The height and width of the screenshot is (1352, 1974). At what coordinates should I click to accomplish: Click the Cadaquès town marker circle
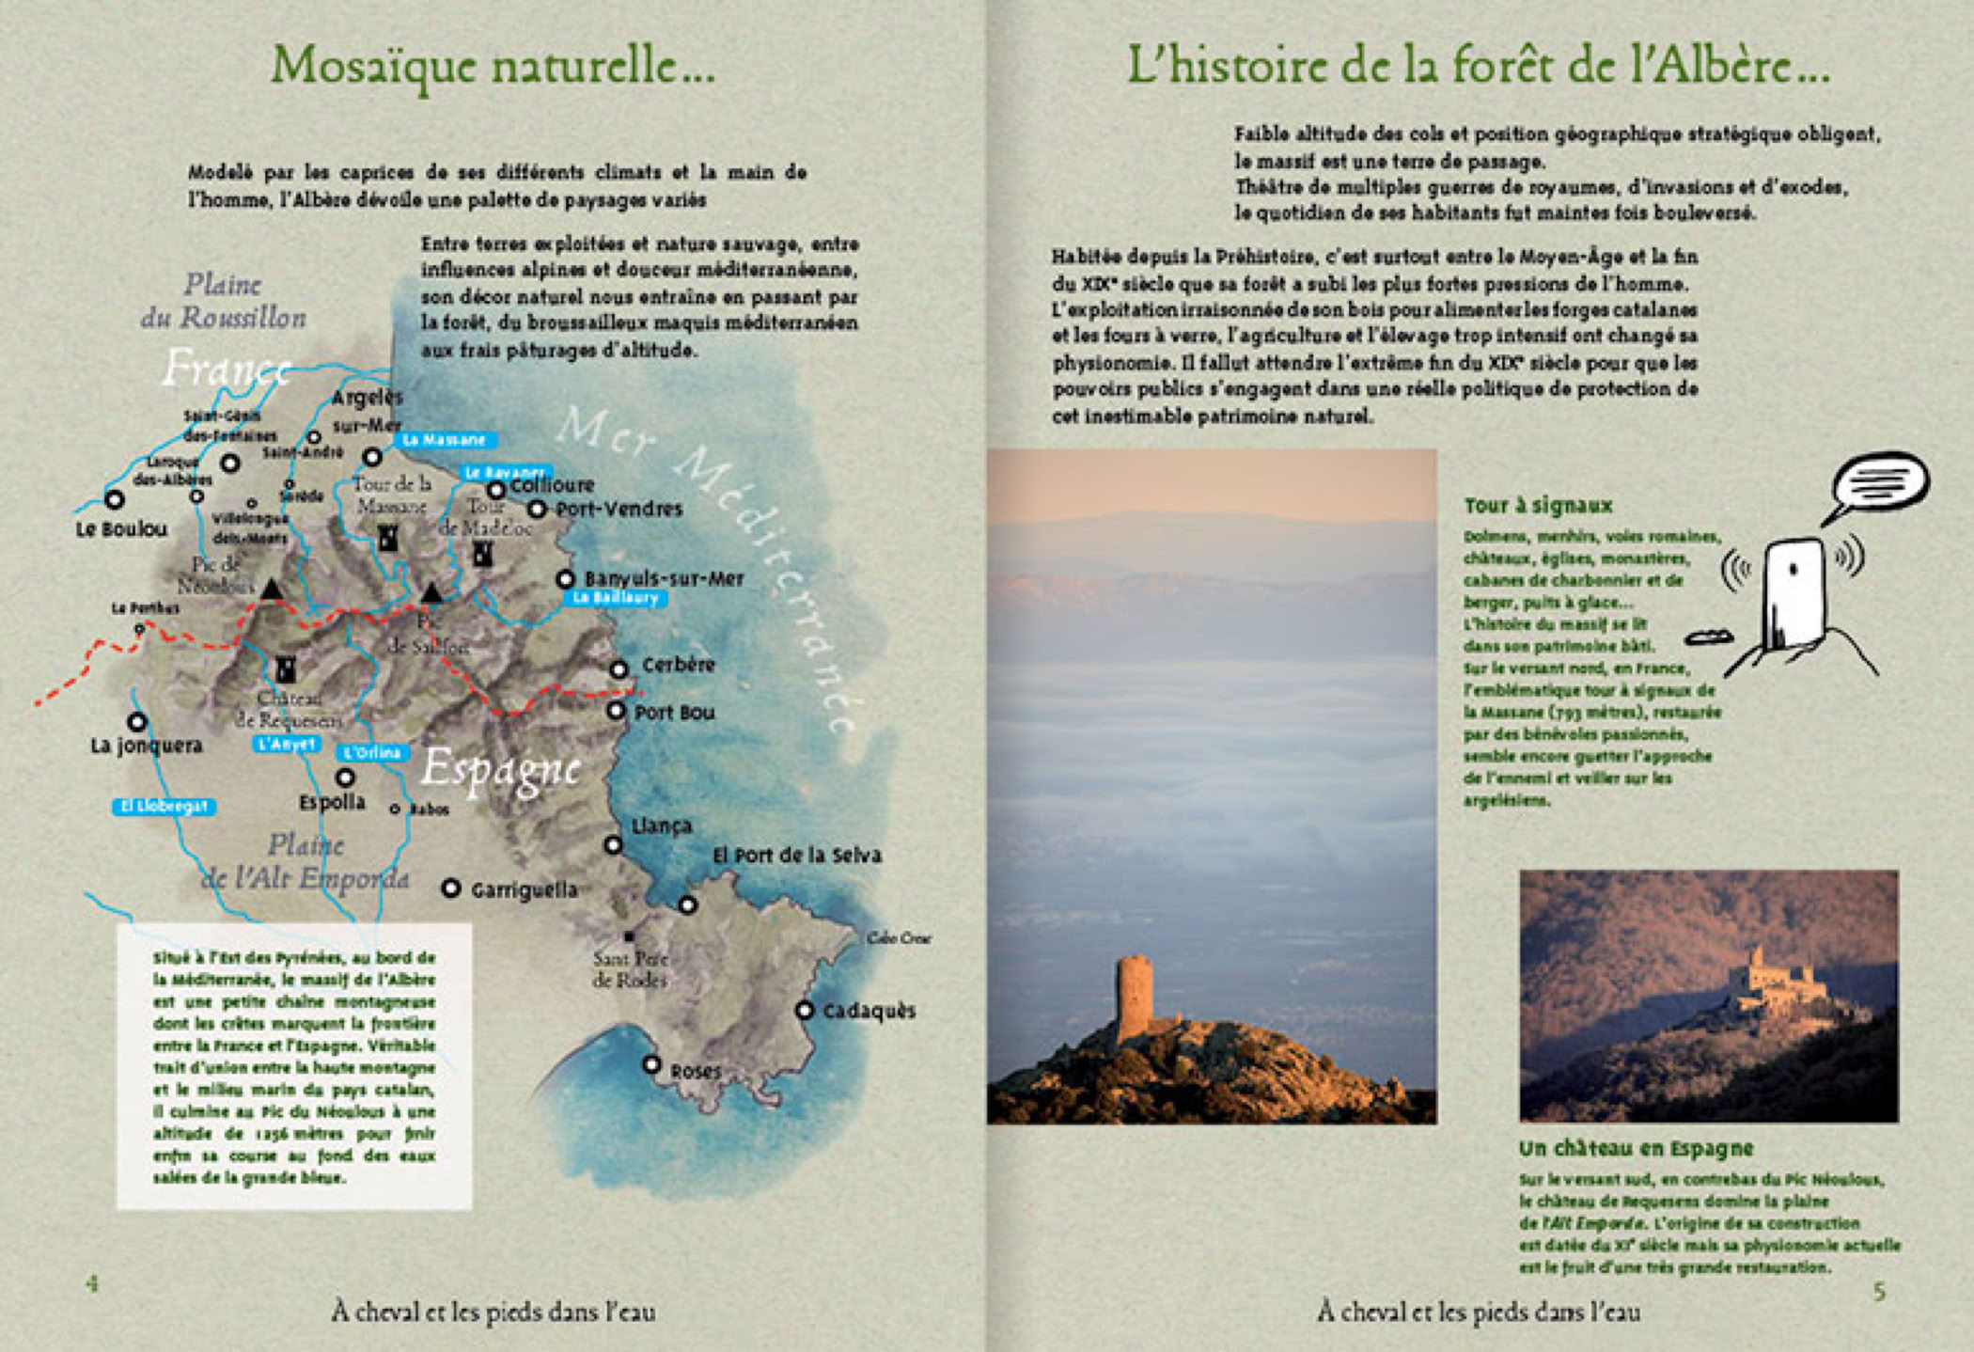805,1010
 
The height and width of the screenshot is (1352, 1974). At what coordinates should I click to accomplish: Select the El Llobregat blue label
164,807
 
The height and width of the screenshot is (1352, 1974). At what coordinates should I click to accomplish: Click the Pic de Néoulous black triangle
271,590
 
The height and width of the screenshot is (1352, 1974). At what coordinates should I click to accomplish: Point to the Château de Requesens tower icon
285,668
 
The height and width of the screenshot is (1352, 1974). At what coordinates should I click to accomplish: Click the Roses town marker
651,1064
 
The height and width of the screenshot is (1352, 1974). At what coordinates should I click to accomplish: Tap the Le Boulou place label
121,529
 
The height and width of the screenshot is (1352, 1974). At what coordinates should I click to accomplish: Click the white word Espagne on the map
500,769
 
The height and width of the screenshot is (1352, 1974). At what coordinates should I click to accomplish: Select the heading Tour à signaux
1538,506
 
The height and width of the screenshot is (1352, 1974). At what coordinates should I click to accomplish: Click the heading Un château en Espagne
1637,1148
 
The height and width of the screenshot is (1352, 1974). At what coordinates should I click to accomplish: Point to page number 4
92,1283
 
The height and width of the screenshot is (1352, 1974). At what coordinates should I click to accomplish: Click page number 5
1880,1292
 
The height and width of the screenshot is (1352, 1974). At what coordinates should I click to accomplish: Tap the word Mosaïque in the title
376,66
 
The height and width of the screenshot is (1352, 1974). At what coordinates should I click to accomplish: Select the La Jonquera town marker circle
137,722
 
